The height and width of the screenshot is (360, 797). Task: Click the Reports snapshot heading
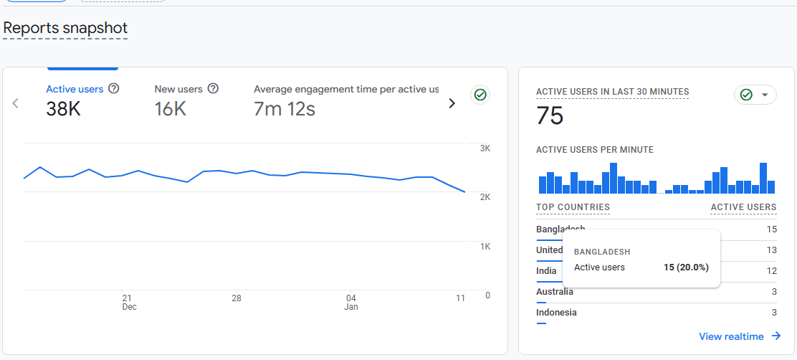point(65,28)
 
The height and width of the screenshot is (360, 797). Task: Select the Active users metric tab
point(75,89)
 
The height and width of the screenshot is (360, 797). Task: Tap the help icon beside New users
point(213,89)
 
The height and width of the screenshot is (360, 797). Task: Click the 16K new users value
point(171,109)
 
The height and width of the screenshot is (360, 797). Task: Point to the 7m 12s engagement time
point(285,109)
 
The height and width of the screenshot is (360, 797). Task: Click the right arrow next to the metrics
point(452,103)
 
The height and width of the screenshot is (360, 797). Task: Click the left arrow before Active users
point(15,103)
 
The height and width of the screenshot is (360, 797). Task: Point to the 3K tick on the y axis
point(485,148)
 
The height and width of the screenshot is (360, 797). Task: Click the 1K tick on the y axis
point(485,246)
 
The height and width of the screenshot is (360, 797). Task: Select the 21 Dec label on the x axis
point(128,302)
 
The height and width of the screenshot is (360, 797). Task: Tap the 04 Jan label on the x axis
point(351,302)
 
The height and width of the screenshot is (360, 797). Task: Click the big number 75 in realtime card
point(550,116)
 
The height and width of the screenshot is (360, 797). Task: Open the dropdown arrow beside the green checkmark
point(765,95)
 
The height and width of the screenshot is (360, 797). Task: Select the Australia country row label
point(555,292)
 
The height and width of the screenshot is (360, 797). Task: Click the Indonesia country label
point(556,313)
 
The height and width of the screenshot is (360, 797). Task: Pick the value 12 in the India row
point(771,271)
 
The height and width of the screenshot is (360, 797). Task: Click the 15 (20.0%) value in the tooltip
point(686,267)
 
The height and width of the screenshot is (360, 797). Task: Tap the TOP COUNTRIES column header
point(573,207)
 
